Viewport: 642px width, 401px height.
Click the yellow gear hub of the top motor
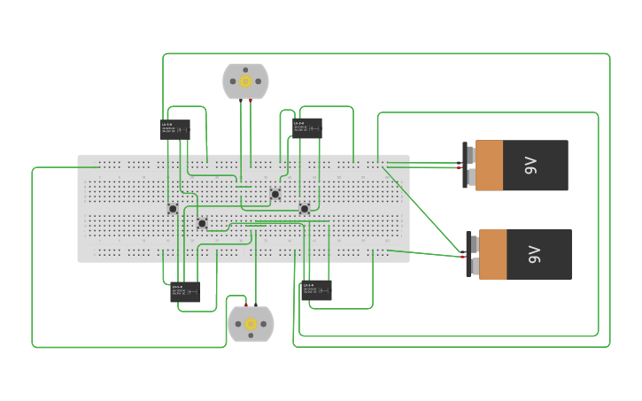[x=245, y=81]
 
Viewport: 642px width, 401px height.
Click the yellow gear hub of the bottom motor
[x=251, y=325]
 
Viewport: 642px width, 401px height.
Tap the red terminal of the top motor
[x=251, y=101]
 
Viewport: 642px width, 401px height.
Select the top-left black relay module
[x=175, y=129]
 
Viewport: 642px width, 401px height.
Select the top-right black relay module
[x=307, y=128]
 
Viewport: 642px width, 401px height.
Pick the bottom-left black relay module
[x=185, y=291]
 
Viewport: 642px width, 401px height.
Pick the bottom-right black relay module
[x=316, y=289]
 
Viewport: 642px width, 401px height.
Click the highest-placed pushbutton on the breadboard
[x=275, y=194]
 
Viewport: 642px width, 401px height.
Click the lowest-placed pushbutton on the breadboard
[x=202, y=223]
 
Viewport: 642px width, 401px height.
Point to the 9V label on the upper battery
[x=530, y=166]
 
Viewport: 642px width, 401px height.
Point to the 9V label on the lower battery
[x=535, y=255]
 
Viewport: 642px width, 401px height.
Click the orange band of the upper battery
[x=489, y=166]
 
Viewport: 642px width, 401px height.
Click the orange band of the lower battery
[x=493, y=255]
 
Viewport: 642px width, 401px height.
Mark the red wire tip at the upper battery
[x=460, y=167]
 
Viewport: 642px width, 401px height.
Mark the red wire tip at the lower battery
[x=463, y=257]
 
